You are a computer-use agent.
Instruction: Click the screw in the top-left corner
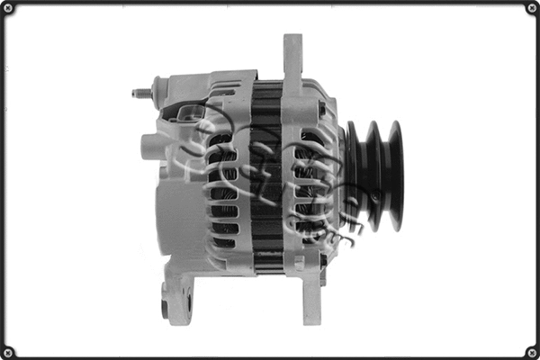pyautogui.click(x=8, y=8)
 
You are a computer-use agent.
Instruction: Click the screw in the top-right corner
pyautogui.click(x=531, y=8)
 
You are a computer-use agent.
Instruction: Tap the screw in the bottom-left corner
pyautogui.click(x=8, y=351)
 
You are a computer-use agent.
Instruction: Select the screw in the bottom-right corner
pyautogui.click(x=531, y=351)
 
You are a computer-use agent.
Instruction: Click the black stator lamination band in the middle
pyautogui.click(x=266, y=180)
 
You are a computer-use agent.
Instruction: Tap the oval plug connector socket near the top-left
pyautogui.click(x=192, y=113)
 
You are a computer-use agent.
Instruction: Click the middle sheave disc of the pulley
pyautogui.click(x=373, y=175)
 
